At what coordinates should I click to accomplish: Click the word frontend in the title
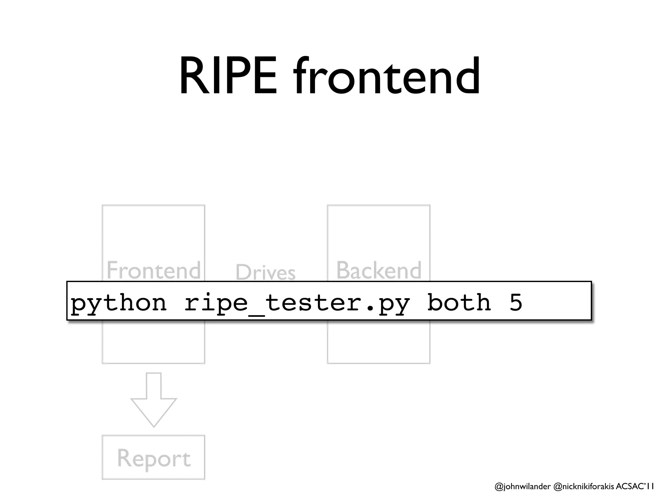click(386, 76)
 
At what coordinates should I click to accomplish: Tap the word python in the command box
click(118, 303)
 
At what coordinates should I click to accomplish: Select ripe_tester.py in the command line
click(297, 303)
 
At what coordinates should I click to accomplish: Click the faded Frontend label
click(153, 270)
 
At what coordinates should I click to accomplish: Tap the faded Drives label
click(265, 272)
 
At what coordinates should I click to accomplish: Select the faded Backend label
click(379, 270)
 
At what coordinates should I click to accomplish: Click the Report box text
click(153, 458)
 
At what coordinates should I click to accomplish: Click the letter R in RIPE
click(192, 76)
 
